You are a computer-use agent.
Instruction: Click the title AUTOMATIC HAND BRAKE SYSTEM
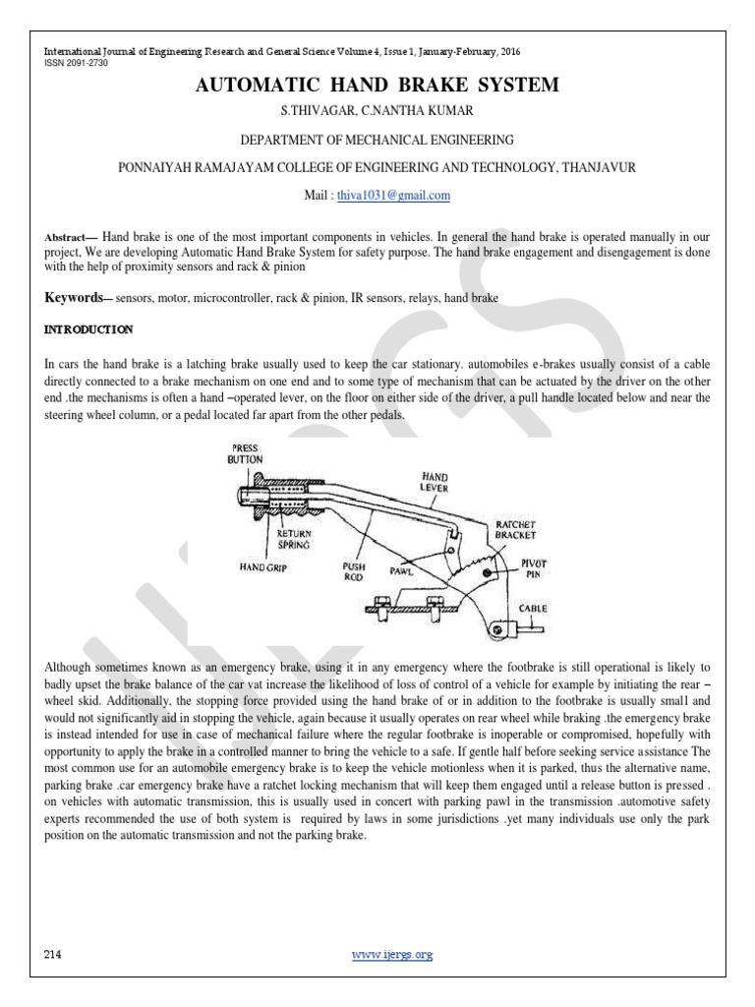(x=377, y=87)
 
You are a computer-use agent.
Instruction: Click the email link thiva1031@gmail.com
(x=379, y=195)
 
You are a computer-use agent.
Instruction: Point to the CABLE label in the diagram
(x=532, y=609)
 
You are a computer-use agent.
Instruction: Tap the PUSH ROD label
(x=355, y=571)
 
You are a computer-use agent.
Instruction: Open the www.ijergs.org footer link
(x=390, y=955)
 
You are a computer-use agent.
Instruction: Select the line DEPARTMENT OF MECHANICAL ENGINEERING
(x=377, y=141)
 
